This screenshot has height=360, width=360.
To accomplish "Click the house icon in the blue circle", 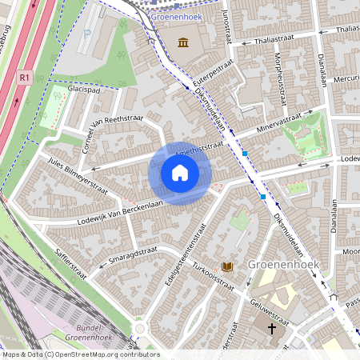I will pos(180,173).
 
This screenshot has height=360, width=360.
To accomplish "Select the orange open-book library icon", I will pos(227,266).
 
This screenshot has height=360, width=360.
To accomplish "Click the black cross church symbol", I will pos(271,329).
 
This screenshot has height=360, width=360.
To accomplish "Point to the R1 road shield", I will pos(24,78).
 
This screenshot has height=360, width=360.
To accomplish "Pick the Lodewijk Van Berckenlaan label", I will pos(120,210).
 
